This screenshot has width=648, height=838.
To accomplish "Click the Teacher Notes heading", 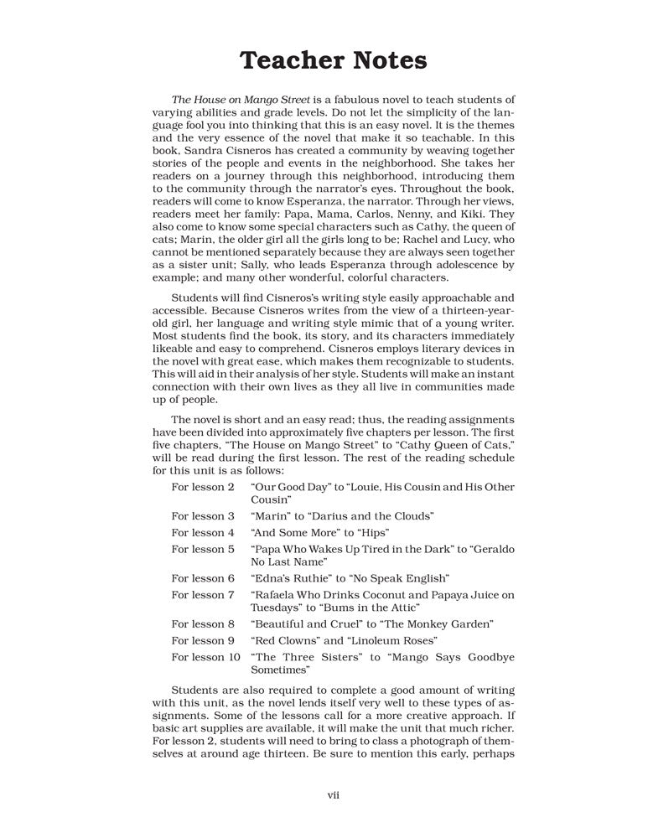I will click(333, 61).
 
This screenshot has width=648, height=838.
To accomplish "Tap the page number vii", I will click(333, 794).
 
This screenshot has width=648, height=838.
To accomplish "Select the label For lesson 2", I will click(203, 487).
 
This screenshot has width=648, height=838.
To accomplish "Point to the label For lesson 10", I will click(205, 657).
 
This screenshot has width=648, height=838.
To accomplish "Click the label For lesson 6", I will click(203, 578).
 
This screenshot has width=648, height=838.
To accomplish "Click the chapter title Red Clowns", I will click(287, 640).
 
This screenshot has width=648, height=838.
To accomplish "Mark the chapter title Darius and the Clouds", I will click(373, 515).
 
